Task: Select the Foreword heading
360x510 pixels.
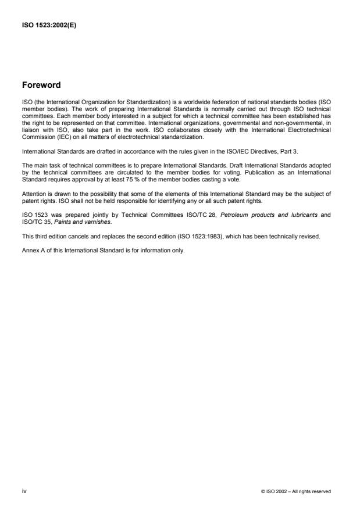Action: coord(41,85)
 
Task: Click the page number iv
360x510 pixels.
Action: coord(24,491)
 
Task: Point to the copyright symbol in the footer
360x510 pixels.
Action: coord(264,492)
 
